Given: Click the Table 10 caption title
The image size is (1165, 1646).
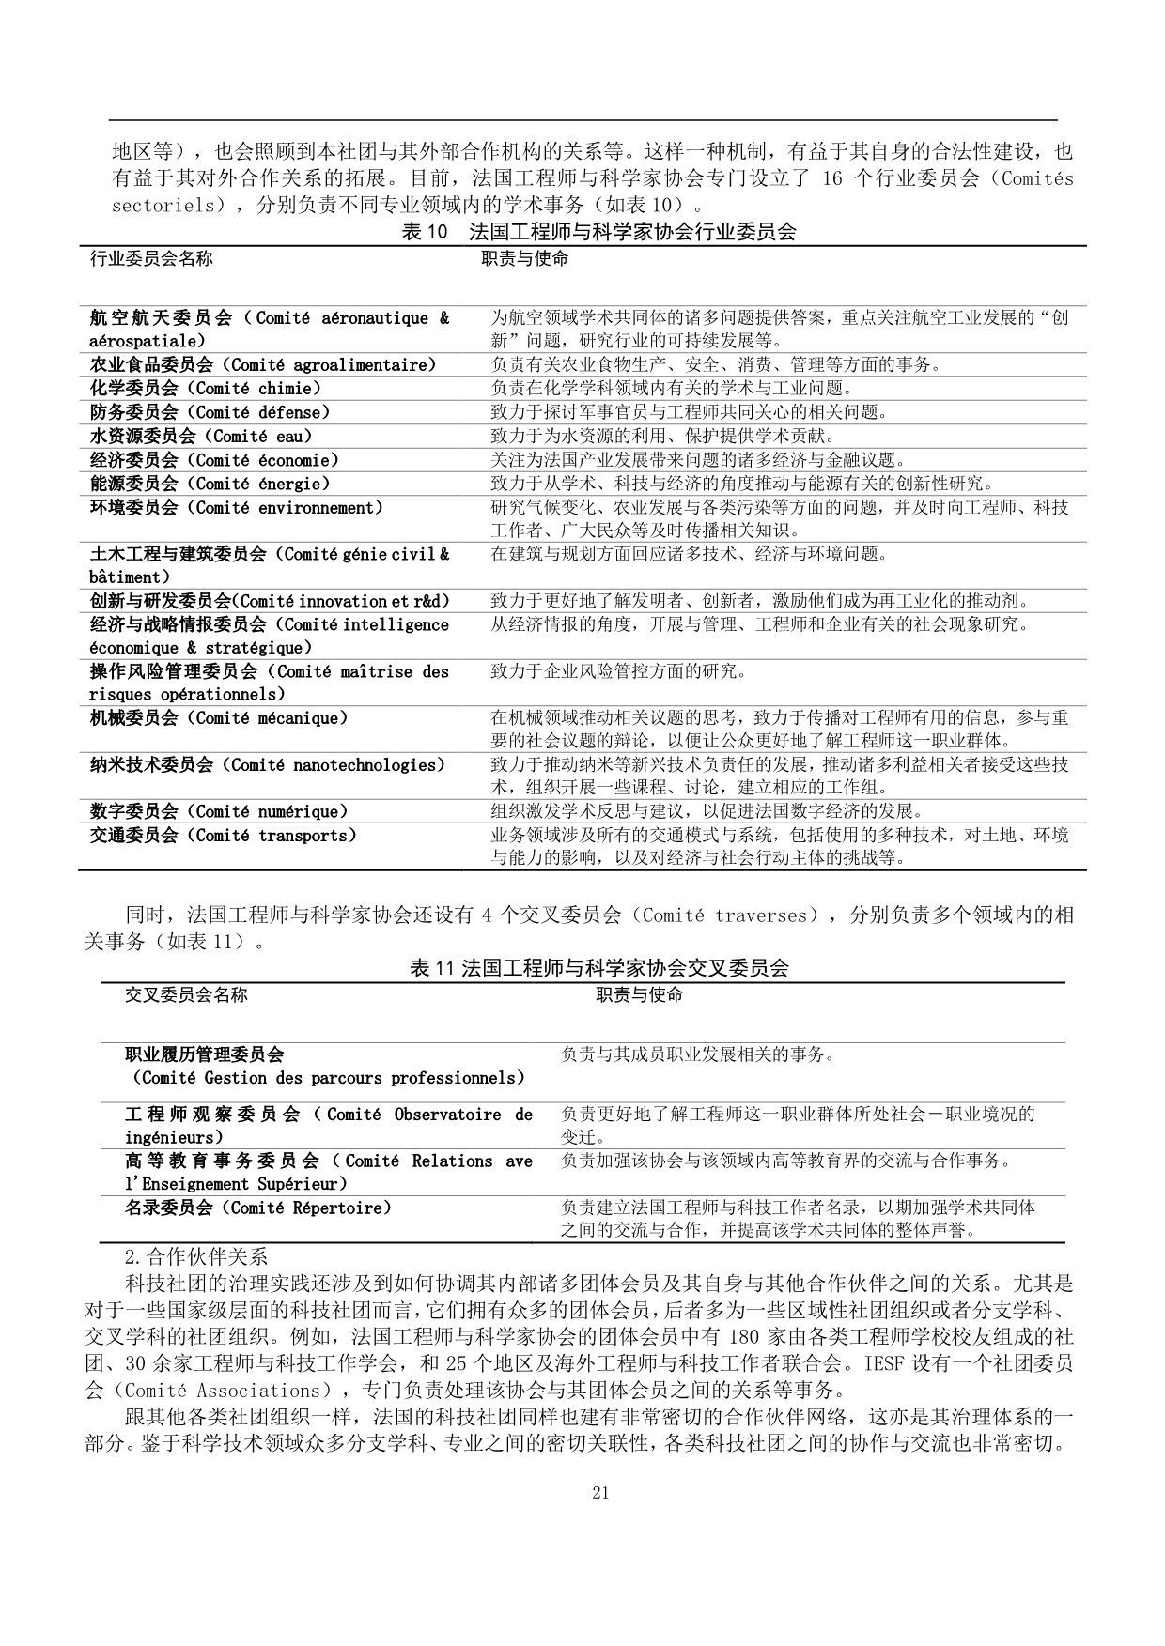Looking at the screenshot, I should click(x=598, y=232).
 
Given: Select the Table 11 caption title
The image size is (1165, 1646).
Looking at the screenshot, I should click(x=598, y=968).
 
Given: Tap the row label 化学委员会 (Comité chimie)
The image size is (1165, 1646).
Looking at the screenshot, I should click(x=206, y=389).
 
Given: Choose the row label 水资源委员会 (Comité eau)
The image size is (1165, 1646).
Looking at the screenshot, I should click(x=201, y=437).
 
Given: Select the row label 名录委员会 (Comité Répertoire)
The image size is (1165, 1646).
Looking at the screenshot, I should click(x=258, y=1208).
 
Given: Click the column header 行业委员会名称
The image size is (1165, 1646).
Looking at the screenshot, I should click(x=151, y=258).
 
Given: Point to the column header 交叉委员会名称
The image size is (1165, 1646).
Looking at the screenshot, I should click(x=187, y=994).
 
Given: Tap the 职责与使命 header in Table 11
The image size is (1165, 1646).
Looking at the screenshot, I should click(x=640, y=994).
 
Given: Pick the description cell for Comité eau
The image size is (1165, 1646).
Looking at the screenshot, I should click(x=662, y=437).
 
